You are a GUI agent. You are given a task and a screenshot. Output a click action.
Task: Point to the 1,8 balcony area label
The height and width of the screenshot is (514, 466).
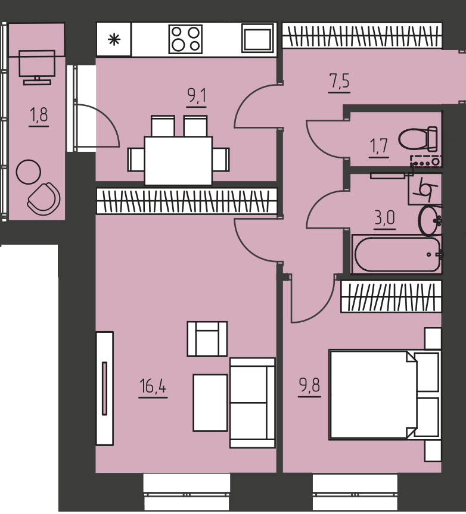39,115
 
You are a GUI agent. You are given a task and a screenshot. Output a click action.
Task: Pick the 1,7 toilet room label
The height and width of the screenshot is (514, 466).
379,146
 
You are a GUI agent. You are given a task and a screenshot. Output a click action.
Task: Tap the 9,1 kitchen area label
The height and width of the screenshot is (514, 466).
197,96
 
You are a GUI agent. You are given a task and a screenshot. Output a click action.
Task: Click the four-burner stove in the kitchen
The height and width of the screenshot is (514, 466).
185,39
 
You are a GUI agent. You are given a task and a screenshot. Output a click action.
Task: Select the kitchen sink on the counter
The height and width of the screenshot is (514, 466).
257,38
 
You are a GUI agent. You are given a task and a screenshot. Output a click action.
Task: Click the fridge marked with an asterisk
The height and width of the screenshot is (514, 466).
114,39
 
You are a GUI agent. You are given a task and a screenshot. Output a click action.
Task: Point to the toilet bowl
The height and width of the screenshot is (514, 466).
418,139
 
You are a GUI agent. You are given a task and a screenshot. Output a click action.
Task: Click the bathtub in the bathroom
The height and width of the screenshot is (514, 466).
396,254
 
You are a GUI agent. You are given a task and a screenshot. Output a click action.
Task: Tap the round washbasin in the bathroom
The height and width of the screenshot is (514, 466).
430,220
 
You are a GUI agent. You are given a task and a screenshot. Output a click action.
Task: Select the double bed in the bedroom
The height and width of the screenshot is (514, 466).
384,394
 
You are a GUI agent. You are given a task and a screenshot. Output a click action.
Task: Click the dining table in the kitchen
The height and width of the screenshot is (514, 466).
178,161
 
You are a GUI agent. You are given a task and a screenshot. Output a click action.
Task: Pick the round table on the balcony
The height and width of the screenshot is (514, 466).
29,172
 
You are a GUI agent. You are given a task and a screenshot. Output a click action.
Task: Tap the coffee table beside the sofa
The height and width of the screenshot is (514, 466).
210,403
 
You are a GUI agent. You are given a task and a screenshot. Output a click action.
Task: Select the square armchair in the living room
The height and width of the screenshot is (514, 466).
207,339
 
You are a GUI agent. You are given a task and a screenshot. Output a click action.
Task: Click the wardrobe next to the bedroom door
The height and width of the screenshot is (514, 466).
391,297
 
